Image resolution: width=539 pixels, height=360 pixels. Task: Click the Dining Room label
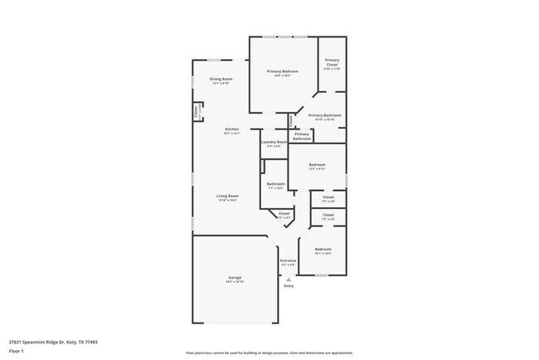[x=221, y=79]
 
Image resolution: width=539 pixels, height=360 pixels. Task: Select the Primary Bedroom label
[x=283, y=72]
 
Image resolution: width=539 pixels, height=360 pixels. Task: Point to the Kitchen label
[x=232, y=129]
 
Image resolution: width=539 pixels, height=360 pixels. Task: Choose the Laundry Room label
[x=274, y=142]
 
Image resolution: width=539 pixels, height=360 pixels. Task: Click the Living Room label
[x=227, y=195]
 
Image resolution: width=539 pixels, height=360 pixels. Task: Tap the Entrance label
[x=288, y=260]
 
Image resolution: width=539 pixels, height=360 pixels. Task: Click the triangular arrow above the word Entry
[x=289, y=279]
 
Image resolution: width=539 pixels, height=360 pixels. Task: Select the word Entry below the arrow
[x=289, y=286]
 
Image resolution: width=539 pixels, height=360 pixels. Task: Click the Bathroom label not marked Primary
[x=276, y=184]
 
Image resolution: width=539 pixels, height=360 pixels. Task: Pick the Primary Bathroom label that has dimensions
[x=326, y=115]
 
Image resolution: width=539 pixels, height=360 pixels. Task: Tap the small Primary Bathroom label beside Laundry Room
[x=302, y=136]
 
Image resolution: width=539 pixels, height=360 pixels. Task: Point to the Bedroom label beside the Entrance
[x=323, y=249]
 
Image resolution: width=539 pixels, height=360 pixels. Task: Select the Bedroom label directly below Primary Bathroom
[x=317, y=164]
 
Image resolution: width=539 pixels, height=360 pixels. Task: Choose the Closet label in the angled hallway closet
[x=284, y=213]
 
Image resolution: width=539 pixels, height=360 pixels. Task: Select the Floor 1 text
[x=16, y=351]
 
